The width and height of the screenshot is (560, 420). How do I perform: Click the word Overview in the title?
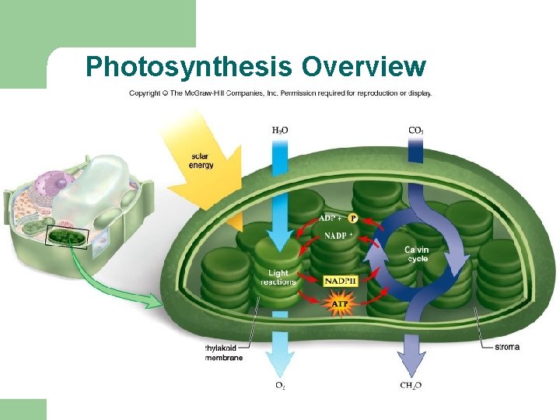363,67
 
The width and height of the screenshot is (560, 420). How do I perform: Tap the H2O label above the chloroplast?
280,130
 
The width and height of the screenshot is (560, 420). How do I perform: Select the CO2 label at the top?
416,130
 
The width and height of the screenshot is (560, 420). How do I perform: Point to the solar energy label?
201,161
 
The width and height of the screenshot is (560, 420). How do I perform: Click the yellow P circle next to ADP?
352,219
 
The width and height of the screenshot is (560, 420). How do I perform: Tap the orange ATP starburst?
340,303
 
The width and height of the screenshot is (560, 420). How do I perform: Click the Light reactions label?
278,278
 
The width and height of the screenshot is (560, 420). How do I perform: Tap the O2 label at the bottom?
280,386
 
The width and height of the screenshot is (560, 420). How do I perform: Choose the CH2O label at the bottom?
411,386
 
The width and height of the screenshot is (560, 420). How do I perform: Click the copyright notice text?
280,93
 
